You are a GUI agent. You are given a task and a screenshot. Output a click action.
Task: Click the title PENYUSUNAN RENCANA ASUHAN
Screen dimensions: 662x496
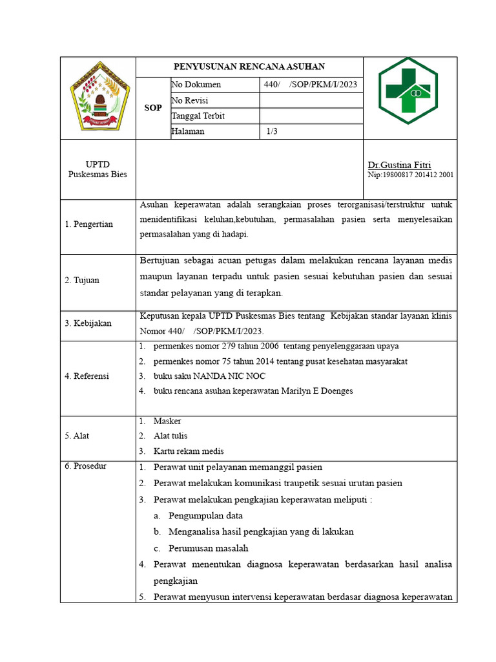point(249,67)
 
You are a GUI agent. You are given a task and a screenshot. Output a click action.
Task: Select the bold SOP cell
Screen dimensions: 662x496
point(152,108)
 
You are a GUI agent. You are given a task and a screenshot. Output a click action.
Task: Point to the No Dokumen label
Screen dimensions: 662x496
point(196,85)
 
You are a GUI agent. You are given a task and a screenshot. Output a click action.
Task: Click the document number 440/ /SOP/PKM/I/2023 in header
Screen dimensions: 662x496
point(311,85)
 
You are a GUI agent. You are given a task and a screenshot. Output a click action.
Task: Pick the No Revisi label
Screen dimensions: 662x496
point(190,100)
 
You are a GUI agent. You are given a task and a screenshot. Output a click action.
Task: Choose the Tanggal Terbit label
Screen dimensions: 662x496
point(198,116)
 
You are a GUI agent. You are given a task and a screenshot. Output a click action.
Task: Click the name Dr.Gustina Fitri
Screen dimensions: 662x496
point(399,165)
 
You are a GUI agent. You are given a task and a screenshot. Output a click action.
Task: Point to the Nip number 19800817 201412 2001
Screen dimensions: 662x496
point(410,175)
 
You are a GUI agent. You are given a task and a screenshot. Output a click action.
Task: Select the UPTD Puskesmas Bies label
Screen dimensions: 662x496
point(98,169)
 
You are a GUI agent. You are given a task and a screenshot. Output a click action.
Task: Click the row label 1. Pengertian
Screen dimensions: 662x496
point(89,224)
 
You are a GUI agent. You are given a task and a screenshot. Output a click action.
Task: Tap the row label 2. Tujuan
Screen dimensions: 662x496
point(82,280)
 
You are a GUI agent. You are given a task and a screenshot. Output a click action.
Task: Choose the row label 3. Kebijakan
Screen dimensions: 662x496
point(87,322)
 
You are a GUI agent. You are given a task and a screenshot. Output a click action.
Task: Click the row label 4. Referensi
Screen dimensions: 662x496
point(87,376)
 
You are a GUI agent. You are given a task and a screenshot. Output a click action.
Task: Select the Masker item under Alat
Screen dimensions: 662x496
point(167,421)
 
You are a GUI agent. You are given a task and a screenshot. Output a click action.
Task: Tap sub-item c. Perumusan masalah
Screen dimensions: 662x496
point(208,548)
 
